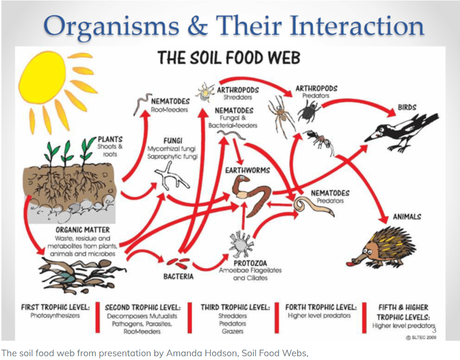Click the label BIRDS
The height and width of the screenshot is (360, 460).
tap(407, 108)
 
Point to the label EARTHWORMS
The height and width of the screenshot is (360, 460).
tap(247, 170)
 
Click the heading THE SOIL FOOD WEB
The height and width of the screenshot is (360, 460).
tap(229, 58)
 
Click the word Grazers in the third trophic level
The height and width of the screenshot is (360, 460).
tap(232, 331)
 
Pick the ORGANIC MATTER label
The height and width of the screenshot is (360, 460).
tap(83, 230)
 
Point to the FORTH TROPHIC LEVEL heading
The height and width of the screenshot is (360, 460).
tap(321, 307)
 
